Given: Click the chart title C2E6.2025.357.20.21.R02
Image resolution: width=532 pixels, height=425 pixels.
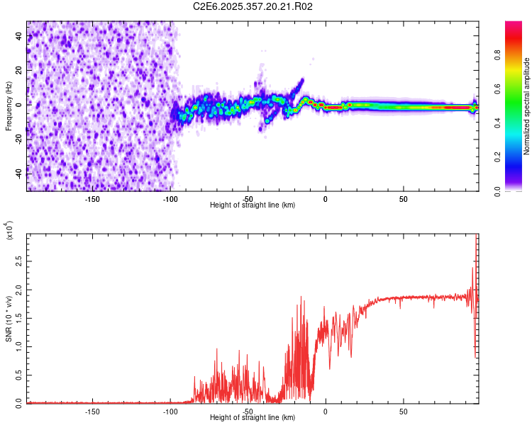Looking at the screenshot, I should pos(253,6).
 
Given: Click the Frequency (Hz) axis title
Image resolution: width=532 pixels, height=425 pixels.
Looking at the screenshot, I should pos(9,106).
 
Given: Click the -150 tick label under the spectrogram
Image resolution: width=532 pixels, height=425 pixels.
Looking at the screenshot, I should pos(92,199).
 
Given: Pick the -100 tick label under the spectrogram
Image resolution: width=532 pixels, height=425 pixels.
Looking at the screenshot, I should pos(170,199).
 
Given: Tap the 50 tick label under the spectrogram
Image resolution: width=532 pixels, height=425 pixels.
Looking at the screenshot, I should pos(403,199).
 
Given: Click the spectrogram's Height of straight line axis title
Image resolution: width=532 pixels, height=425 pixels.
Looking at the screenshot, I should pos(253,205).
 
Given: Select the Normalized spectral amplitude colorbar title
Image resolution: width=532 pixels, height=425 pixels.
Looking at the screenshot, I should pos(526,106).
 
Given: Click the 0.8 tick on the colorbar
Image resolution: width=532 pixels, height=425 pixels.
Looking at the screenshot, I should pos(498,55).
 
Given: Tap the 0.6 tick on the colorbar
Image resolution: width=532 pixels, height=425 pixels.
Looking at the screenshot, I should pos(498,89).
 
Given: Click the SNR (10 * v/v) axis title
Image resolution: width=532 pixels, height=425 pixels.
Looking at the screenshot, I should pos(9,318).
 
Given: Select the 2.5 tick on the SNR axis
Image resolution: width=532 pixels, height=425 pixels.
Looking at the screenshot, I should pos(18,262).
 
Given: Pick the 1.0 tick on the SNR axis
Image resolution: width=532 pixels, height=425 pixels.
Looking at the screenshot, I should pos(18,346).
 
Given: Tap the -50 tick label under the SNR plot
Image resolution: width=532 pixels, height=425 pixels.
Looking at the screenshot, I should pos(248,412).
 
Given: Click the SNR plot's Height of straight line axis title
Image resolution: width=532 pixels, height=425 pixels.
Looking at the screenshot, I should pos(253,418).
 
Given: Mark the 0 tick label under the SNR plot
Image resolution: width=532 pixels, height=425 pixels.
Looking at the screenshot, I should pos(326,412).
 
